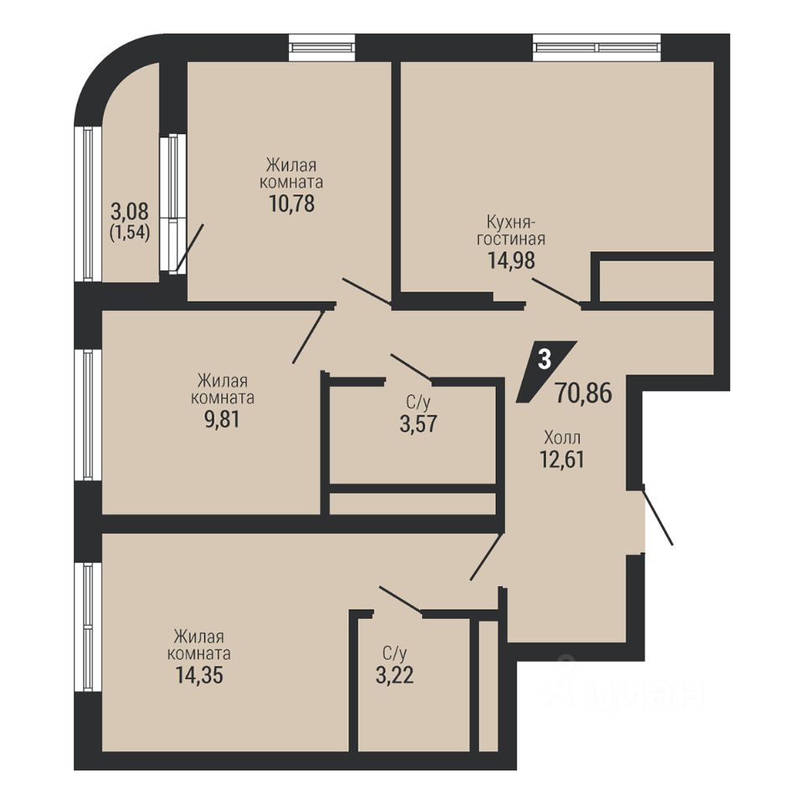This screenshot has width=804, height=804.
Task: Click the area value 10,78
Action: coord(291,204)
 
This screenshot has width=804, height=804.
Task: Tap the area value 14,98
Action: coord(511,260)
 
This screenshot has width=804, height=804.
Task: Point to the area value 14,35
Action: coord(199,675)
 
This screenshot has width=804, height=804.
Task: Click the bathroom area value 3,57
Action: coord(418,424)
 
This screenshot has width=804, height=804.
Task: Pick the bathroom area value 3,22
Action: coord(394,675)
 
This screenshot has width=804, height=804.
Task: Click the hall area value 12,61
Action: coord(562,459)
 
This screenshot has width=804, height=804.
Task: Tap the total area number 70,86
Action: coord(584,394)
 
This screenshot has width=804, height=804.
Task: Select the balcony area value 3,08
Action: coord(130,211)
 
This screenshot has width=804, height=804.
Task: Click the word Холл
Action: coord(562,438)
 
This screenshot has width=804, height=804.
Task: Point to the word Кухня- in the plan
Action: coord(511,223)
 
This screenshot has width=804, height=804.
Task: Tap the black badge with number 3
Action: coord(545,371)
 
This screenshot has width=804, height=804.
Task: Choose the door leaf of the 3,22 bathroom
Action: coord(400,600)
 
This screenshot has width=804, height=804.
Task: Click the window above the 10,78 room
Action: coord(322,47)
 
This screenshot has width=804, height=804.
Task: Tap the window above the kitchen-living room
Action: coord(597,47)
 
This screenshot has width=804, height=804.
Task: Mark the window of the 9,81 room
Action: coord(88,415)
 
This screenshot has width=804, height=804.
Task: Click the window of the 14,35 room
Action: coord(88,626)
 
